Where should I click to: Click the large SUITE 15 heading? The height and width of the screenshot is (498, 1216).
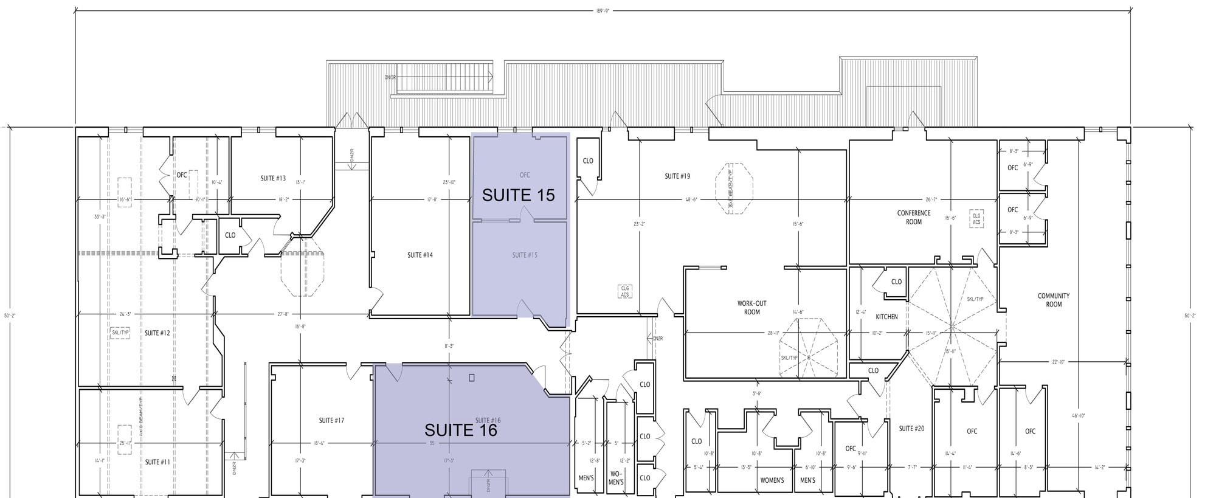click(x=518, y=195)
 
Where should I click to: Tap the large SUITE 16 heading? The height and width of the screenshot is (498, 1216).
click(x=461, y=430)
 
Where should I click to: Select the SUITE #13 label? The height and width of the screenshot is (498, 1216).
click(x=273, y=178)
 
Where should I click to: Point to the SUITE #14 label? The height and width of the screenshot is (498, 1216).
click(x=420, y=255)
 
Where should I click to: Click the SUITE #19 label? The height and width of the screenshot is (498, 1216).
click(x=677, y=176)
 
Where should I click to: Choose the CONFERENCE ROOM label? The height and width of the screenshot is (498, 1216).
click(x=914, y=218)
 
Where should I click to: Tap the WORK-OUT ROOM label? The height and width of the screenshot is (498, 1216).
click(x=752, y=308)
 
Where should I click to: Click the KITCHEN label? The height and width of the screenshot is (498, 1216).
click(x=886, y=317)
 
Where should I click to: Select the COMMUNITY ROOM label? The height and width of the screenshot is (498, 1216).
click(x=1054, y=300)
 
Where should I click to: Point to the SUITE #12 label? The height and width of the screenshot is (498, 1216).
click(x=157, y=333)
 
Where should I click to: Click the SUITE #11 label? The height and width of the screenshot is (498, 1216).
click(x=157, y=462)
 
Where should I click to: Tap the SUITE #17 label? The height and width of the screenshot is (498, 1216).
click(x=331, y=420)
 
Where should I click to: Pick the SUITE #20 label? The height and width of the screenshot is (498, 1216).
click(x=911, y=429)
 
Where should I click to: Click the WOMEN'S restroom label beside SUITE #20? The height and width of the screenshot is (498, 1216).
click(x=772, y=480)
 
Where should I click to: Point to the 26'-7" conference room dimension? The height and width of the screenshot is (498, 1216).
click(x=932, y=200)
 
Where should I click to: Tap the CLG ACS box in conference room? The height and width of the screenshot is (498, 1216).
click(x=976, y=219)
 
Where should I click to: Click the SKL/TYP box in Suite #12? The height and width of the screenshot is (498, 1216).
click(x=120, y=333)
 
